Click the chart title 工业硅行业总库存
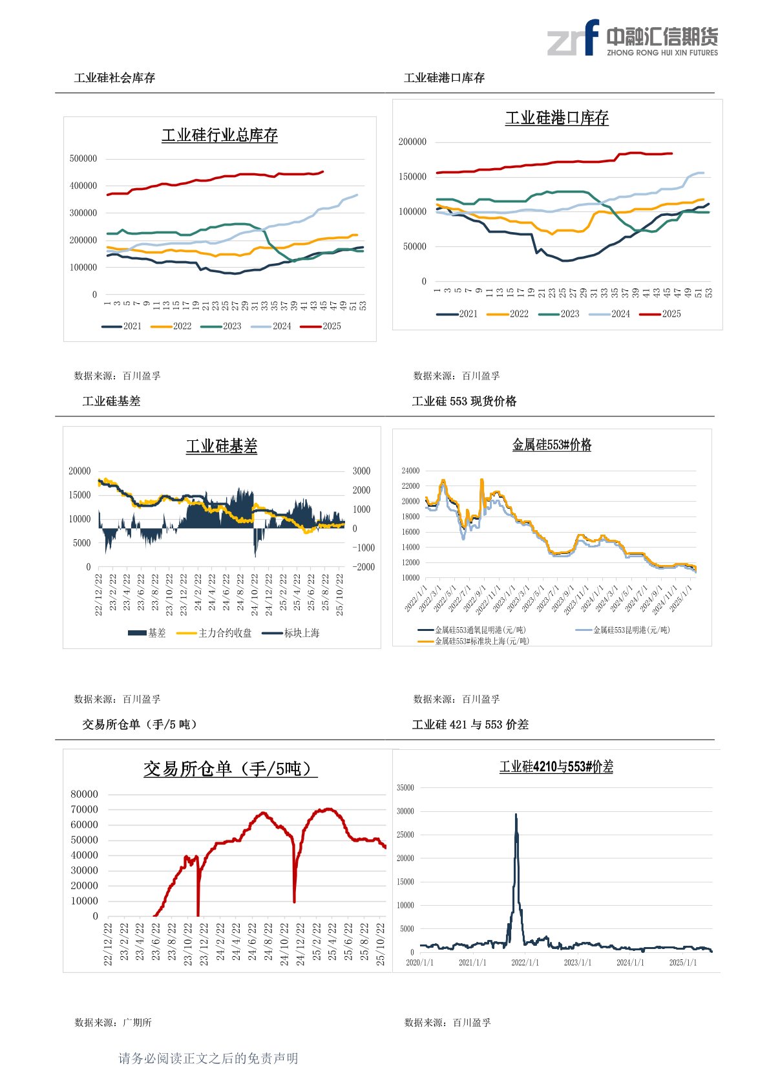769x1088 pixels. point(220,135)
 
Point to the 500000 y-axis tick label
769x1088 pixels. point(83,158)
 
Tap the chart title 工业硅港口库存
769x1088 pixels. point(556,118)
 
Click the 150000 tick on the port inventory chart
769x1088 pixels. point(412,176)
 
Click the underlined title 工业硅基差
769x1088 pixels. point(222,446)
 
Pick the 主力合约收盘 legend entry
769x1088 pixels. point(215,633)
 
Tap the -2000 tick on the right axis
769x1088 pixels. point(363,567)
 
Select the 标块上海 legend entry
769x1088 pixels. point(291,633)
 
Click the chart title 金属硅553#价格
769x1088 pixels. point(552,445)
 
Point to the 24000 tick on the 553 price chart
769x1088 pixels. point(410,471)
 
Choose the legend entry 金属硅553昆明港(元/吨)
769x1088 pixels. point(623,630)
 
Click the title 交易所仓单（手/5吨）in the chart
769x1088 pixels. point(230,769)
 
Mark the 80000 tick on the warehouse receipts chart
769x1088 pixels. point(84,794)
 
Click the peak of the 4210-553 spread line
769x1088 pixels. point(516,815)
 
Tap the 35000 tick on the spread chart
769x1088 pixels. point(405,787)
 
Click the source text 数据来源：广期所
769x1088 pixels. point(113,1022)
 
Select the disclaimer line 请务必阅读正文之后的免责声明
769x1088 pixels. point(208,1058)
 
